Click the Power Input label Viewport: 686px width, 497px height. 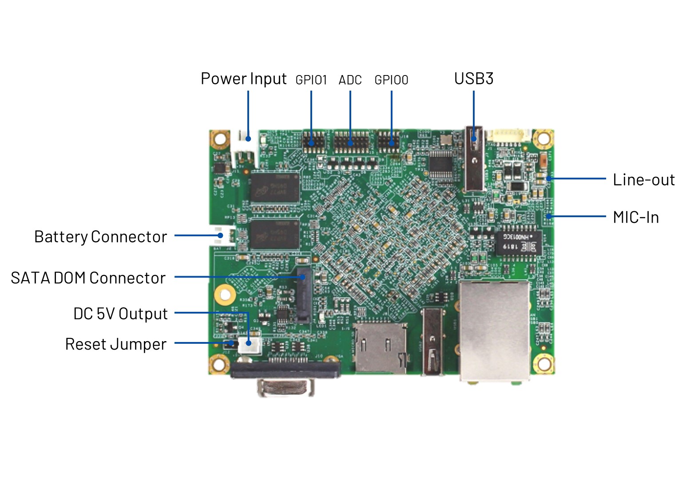[x=243, y=79]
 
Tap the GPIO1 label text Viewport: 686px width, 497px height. [x=311, y=80]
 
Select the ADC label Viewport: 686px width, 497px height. [x=350, y=80]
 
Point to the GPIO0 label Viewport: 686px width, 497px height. [x=391, y=80]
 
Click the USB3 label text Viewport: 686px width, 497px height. [x=473, y=79]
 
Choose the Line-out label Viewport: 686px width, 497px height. [x=643, y=180]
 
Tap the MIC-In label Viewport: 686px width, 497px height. [x=636, y=217]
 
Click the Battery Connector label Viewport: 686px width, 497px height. [x=100, y=237]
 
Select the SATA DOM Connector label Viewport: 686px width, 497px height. [x=88, y=278]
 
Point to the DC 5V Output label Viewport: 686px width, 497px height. [x=120, y=314]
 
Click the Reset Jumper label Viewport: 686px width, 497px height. [x=115, y=344]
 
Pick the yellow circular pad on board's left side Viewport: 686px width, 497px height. [x=225, y=294]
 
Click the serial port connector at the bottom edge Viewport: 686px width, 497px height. [x=285, y=378]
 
